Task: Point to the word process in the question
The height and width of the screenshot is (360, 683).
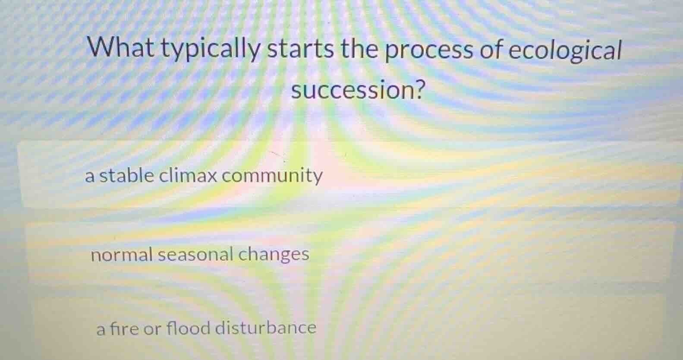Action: coord(429,51)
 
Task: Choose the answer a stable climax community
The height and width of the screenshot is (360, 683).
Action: coord(204,176)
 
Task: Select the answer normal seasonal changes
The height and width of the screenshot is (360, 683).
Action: coord(200,254)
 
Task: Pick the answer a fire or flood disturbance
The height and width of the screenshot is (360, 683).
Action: coord(206,328)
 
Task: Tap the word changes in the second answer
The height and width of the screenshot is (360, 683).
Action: coord(274,255)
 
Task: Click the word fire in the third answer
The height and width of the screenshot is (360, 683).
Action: coord(124,328)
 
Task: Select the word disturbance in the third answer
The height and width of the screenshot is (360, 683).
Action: coord(266,328)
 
